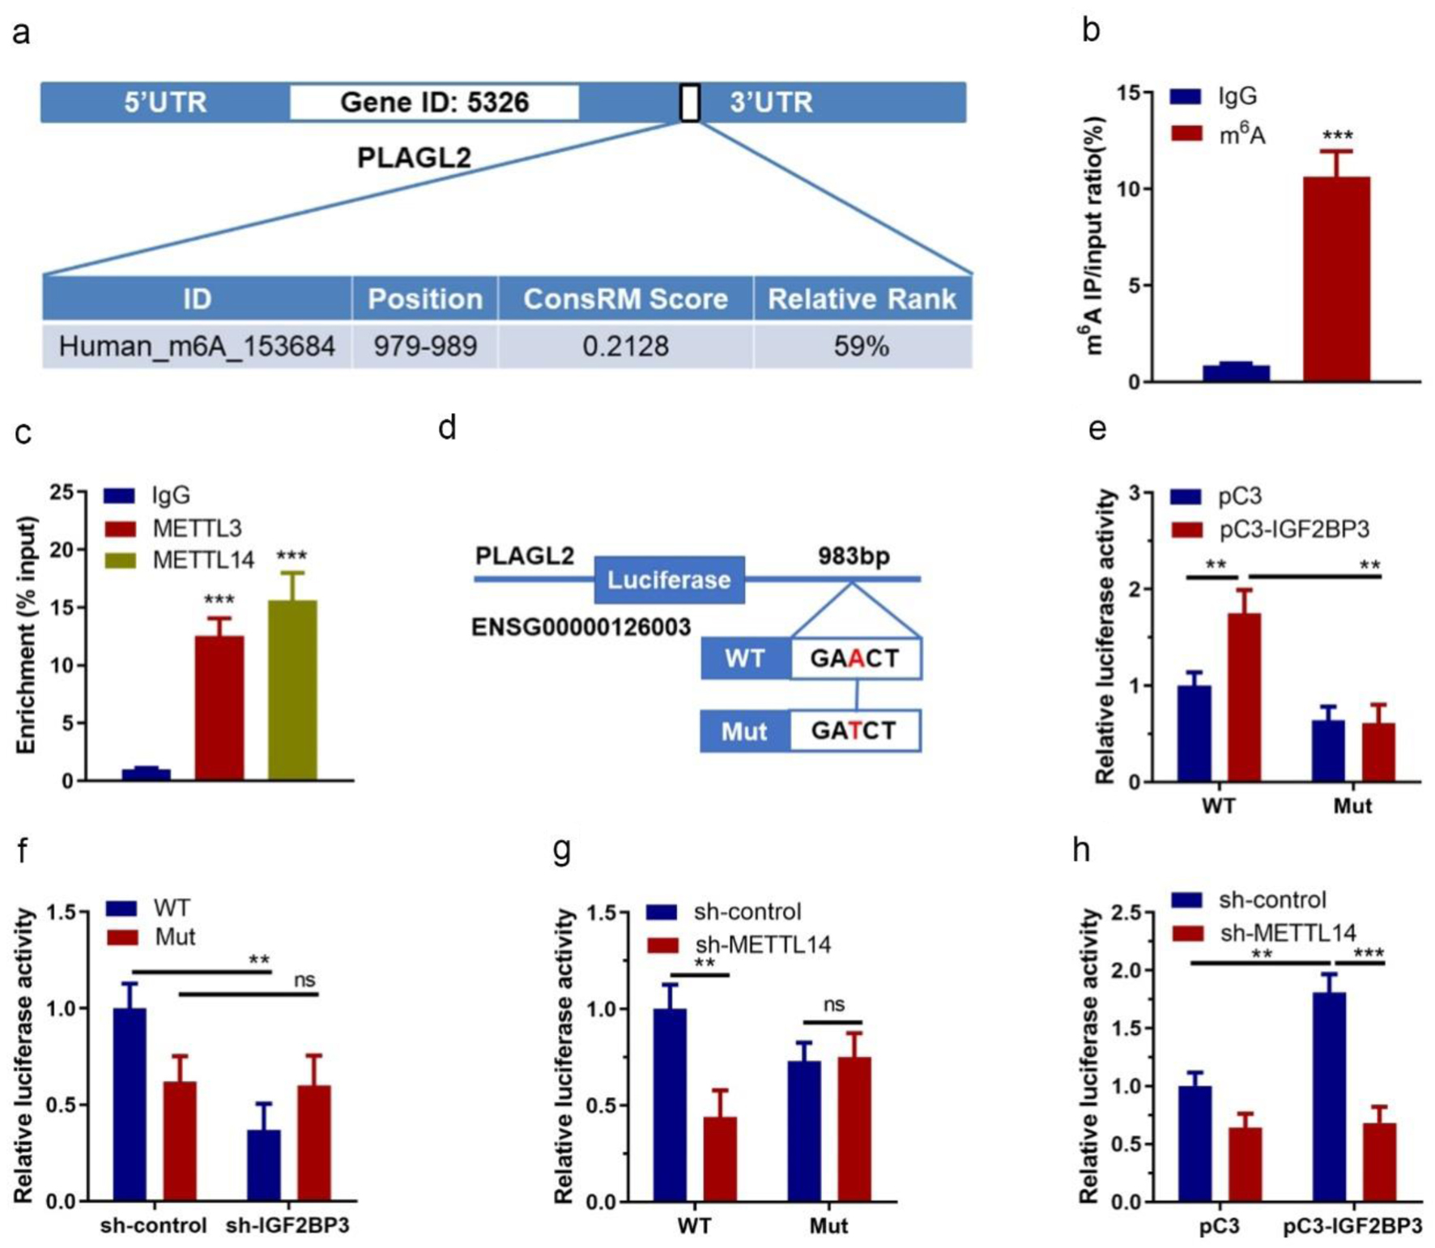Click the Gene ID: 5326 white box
[434, 102]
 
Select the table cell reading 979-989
[424, 347]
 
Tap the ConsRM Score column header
[625, 299]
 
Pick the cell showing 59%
[862, 347]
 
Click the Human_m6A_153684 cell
[197, 347]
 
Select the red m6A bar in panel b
[1336, 279]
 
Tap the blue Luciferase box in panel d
[669, 580]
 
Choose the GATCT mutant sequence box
[854, 730]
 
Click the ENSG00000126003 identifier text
[581, 628]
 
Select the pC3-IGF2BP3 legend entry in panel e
[1293, 530]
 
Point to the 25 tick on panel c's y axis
[62, 492]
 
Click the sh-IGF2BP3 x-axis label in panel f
[287, 1225]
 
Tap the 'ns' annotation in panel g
[833, 1005]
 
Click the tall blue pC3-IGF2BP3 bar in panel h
[1329, 1097]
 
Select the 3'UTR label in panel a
[771, 103]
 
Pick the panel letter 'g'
[562, 850]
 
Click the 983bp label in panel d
[854, 556]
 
